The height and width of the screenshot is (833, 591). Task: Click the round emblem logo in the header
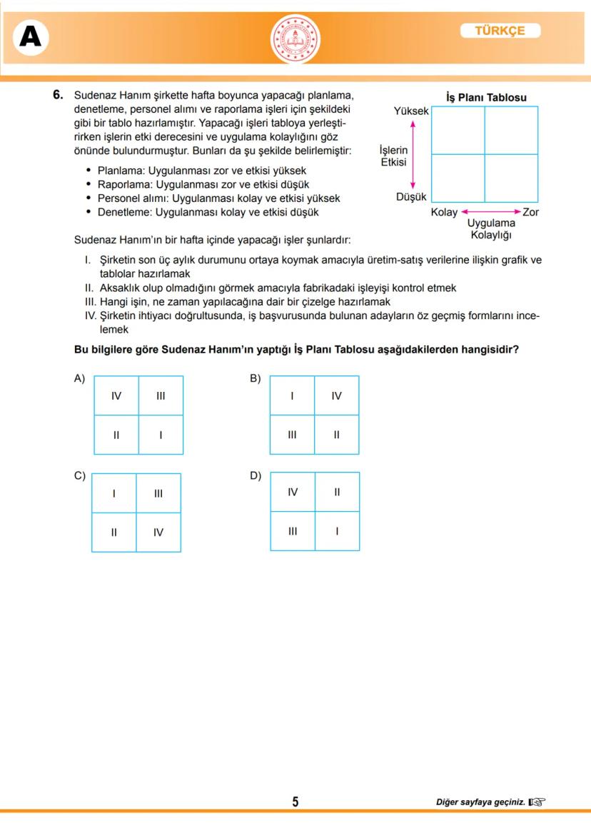point(295,39)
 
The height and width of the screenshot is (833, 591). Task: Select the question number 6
point(59,95)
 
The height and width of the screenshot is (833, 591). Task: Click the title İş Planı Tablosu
point(486,98)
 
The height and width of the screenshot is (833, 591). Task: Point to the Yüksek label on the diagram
point(411,111)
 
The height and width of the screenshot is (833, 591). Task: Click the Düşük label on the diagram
point(411,197)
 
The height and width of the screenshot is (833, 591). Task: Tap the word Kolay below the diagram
point(444,212)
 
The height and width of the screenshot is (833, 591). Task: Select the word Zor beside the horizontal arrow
point(531,212)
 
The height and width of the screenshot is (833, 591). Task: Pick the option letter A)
point(79,378)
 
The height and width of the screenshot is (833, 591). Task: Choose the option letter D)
point(256,475)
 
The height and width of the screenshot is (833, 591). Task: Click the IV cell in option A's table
point(116,395)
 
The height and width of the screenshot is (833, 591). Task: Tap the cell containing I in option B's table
point(292,395)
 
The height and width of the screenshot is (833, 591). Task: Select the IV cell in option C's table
point(158,532)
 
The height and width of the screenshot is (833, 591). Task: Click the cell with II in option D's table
point(337,492)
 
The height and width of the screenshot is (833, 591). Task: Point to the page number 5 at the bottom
point(295,802)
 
